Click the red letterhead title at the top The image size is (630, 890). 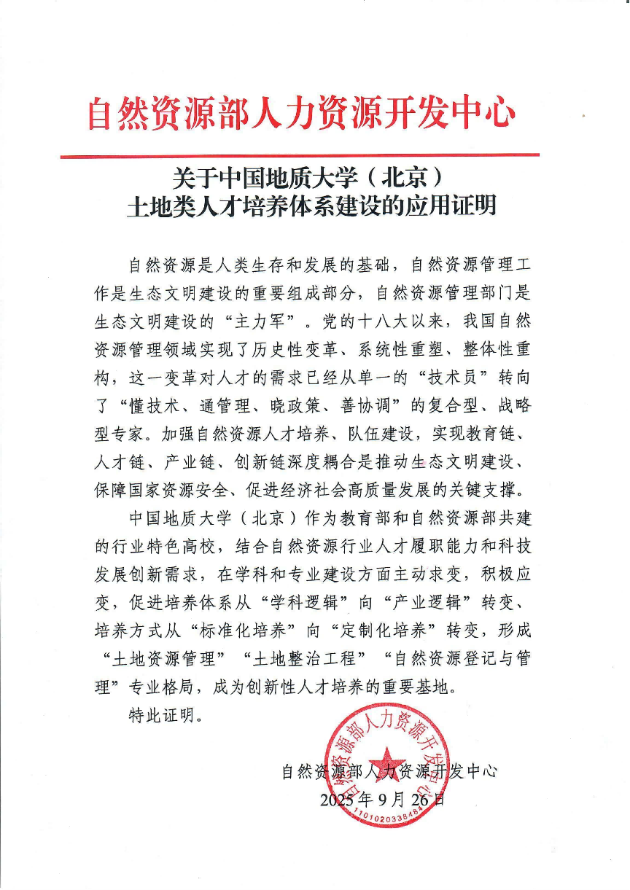click(302, 114)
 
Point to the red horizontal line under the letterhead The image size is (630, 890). click(300, 155)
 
